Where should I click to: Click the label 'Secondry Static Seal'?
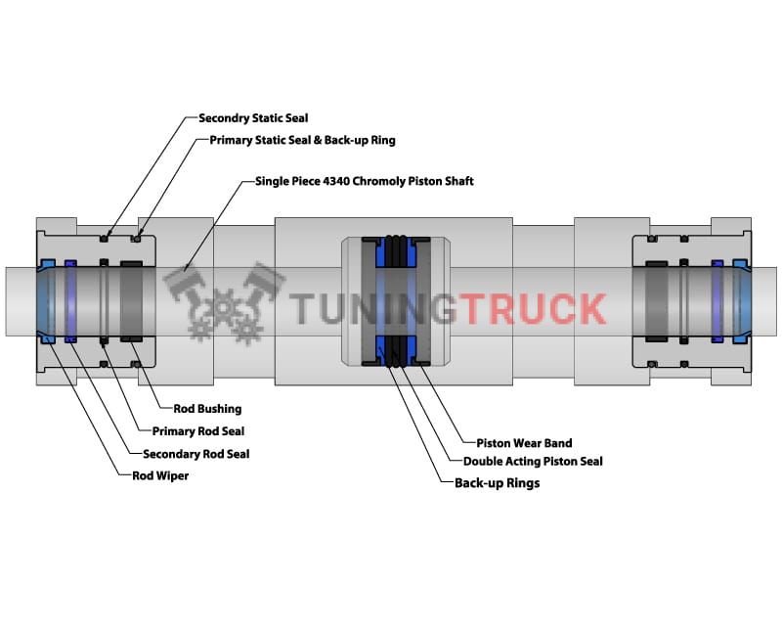point(253,118)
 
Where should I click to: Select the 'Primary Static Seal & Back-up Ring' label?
point(302,140)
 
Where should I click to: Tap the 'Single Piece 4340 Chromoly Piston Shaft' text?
point(364,181)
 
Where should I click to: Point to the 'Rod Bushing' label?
point(207,409)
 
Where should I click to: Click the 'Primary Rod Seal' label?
point(198,431)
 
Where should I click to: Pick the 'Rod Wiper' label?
point(161,476)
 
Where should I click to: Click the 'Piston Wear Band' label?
point(524,443)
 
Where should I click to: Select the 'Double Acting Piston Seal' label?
point(533,461)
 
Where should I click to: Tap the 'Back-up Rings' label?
point(497,483)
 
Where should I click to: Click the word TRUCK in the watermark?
point(533,309)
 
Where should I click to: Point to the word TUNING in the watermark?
point(374,309)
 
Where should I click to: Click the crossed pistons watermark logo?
point(225,299)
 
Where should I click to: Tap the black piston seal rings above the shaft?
point(395,252)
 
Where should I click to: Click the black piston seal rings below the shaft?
point(395,351)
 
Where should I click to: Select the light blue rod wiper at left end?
point(46,299)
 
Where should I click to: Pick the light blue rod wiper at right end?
point(740,299)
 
